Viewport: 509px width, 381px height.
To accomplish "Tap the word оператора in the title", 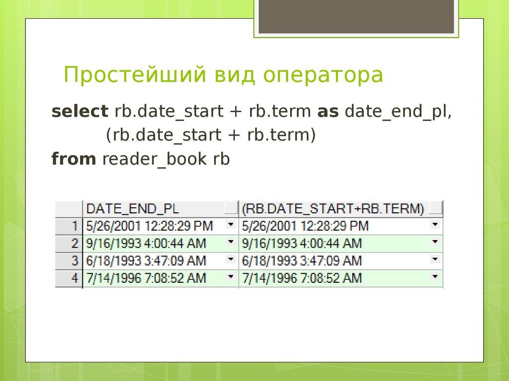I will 324,75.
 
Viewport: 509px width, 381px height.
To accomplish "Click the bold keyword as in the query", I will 328,112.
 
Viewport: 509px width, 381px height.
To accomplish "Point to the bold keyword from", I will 74,159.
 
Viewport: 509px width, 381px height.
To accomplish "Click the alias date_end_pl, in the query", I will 398,112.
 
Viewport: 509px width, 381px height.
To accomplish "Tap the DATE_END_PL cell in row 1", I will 149,226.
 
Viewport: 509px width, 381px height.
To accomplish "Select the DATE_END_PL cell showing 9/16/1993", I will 146,243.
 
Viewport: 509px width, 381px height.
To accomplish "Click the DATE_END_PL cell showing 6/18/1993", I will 146,260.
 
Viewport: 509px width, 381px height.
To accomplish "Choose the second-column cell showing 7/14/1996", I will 302,278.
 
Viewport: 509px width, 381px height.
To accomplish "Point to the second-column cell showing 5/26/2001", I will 305,226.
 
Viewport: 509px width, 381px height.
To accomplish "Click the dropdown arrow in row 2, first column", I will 230,242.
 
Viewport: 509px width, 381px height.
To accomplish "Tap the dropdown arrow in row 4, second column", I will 435,277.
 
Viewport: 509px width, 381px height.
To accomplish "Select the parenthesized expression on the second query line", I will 210,135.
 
